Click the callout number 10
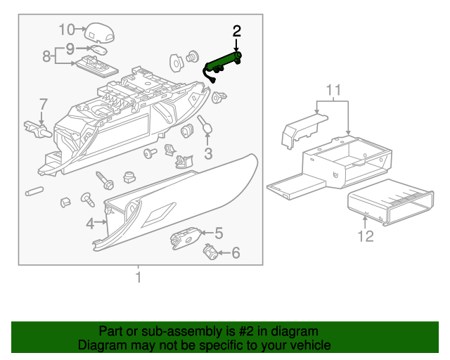coord(66,29)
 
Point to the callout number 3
coord(208,154)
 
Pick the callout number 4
coord(90,224)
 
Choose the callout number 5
coord(219,233)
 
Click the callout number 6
coord(236,252)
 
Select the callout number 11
coord(333,89)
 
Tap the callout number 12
coord(366,236)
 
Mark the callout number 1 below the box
coord(139,277)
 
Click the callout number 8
coord(47,56)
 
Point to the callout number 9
coord(70,49)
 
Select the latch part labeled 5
coord(184,238)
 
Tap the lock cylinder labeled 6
coord(209,251)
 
